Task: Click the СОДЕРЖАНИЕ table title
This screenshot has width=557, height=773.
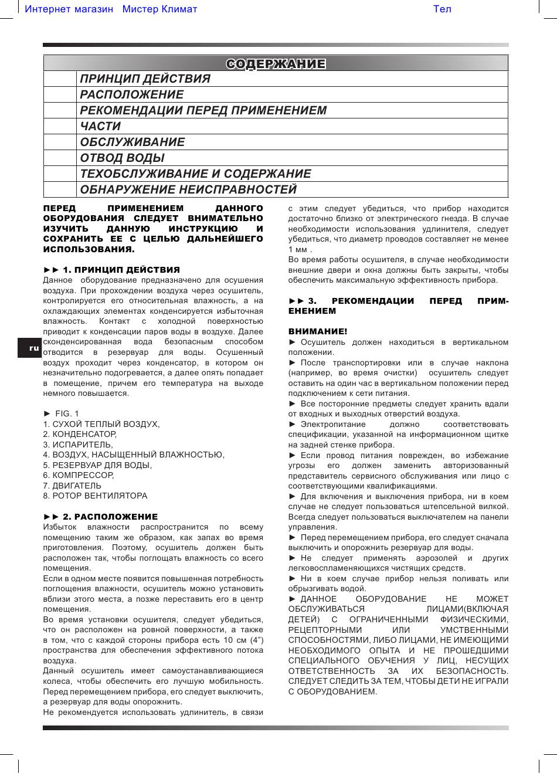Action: click(x=276, y=63)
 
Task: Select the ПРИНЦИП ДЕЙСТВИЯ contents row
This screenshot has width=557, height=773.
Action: click(x=145, y=79)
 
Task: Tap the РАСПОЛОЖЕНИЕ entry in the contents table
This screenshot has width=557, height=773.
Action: click(x=132, y=94)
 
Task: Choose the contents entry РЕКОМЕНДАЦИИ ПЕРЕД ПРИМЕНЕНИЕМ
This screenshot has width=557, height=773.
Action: click(x=203, y=110)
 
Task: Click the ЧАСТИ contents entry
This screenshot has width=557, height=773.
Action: click(x=100, y=126)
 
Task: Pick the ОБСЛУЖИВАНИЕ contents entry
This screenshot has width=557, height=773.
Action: click(x=132, y=142)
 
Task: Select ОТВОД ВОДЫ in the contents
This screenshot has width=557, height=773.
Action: click(x=122, y=158)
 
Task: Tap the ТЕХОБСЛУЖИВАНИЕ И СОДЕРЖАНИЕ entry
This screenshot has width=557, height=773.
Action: click(x=195, y=174)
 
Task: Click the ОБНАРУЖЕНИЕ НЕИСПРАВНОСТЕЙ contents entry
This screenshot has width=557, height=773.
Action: click(x=188, y=189)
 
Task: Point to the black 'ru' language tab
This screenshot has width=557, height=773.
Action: click(x=34, y=348)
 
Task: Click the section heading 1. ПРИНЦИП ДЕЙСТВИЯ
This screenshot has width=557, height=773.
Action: click(x=111, y=270)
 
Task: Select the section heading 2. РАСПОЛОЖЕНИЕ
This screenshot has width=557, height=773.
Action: click(x=100, y=517)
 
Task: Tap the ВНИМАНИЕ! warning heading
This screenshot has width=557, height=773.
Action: click(x=318, y=331)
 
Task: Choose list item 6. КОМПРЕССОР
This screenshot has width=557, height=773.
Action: click(x=79, y=475)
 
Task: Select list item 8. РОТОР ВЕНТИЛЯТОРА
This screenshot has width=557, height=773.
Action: click(x=95, y=496)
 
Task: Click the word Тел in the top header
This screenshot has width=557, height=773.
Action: click(x=442, y=9)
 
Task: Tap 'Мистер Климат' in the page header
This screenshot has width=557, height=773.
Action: click(x=159, y=9)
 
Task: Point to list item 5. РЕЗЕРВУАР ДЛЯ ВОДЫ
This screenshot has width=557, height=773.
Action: click(x=97, y=465)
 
